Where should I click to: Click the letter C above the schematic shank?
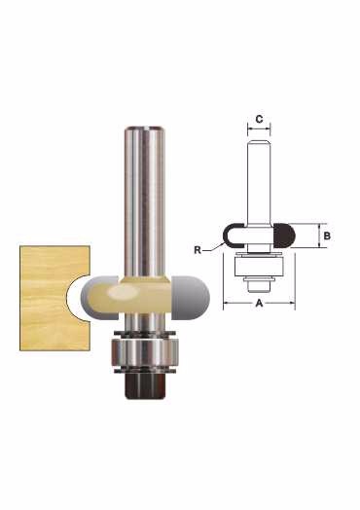pos(259,120)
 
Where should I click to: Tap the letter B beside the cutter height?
pos(327,236)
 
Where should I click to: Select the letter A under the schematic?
pos(259,303)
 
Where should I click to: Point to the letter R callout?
pos(198,250)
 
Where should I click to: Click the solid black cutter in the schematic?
pos(284,236)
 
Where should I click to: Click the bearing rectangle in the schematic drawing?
pos(259,267)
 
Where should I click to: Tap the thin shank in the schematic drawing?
pos(259,182)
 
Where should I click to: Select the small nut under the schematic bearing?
pos(259,284)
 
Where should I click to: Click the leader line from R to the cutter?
pos(213,248)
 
